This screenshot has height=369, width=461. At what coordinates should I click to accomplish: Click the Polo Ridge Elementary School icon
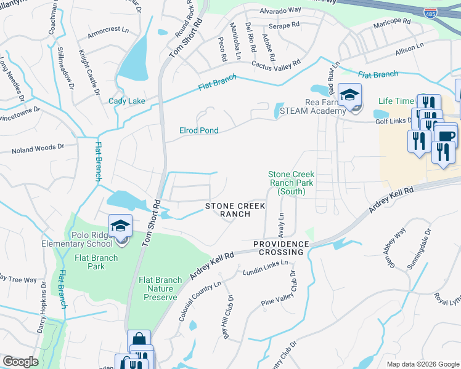click(x=120, y=226)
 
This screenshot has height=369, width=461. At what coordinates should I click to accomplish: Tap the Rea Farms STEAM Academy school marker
click(x=349, y=95)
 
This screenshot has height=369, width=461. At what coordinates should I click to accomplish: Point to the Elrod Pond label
click(x=198, y=130)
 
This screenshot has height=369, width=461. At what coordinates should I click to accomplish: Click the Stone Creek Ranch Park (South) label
click(x=291, y=183)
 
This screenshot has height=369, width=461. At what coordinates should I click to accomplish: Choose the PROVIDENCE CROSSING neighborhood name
click(x=280, y=248)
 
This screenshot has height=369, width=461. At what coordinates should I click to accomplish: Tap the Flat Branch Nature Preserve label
click(x=160, y=288)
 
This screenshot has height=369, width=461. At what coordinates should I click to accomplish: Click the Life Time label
click(x=396, y=101)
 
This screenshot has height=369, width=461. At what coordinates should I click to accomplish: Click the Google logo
click(x=20, y=362)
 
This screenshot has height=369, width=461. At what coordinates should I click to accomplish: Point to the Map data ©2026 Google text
click(x=422, y=363)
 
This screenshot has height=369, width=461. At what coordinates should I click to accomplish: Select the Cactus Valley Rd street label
click(x=275, y=63)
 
